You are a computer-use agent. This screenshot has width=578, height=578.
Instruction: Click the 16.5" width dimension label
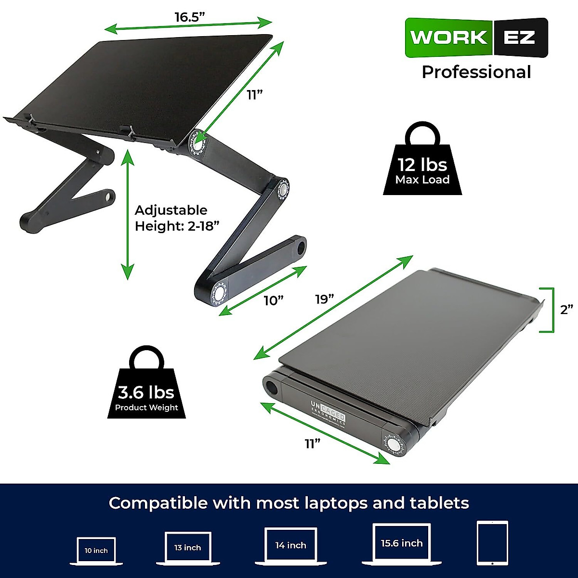point(190,17)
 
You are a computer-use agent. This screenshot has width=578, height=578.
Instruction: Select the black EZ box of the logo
point(520,38)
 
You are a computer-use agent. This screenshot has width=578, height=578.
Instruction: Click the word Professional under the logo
point(476,72)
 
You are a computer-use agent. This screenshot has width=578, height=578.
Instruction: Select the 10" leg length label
point(273,301)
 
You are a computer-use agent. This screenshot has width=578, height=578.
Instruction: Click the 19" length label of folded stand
point(325,299)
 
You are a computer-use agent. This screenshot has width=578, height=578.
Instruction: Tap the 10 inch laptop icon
point(96,551)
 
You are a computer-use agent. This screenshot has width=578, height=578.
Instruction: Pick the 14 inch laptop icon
point(290,546)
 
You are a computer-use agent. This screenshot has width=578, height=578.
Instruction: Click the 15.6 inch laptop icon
point(402,543)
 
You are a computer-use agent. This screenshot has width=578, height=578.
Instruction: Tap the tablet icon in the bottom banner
point(492,542)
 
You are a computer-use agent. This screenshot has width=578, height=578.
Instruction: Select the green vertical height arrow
point(127,214)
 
